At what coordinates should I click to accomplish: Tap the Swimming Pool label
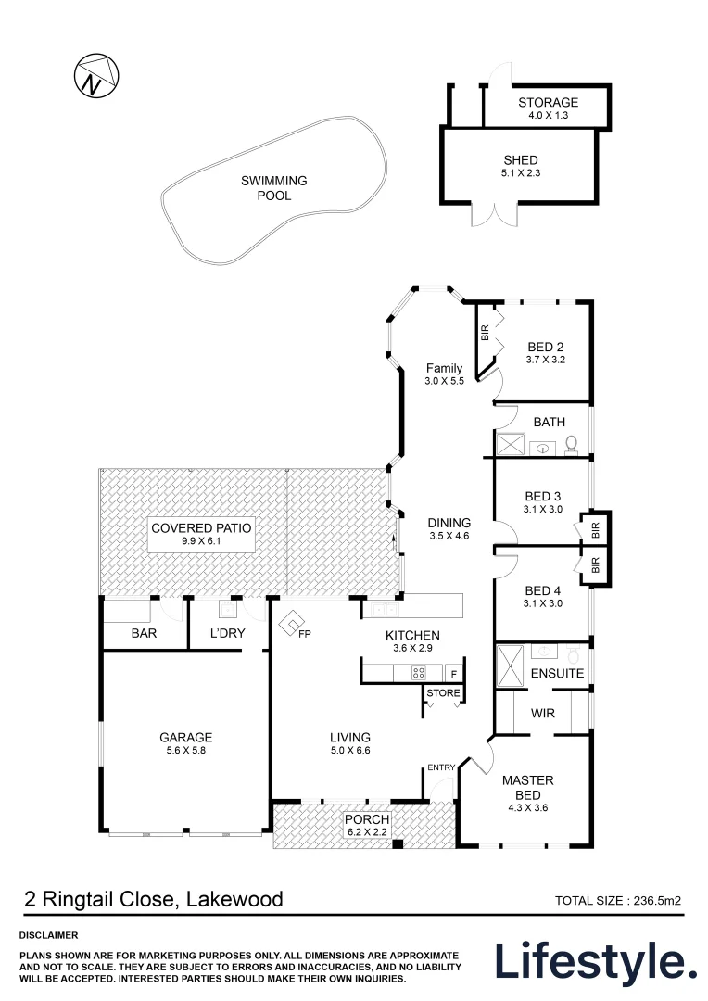coord(273,188)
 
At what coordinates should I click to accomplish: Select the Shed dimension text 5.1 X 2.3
coord(520,174)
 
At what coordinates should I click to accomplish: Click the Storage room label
coord(548,102)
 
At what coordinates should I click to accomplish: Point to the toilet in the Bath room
coord(571,445)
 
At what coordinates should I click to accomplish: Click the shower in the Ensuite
coord(510,666)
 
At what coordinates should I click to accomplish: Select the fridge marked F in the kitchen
coord(453,673)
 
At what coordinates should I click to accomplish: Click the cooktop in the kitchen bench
coord(418,673)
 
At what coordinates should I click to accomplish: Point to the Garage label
coord(185,738)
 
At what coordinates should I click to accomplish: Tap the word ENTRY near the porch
coord(441,767)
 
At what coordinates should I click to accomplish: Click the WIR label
coord(542,715)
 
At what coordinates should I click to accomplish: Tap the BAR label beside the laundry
coord(144,635)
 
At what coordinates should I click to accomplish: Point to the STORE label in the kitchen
coord(443,692)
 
